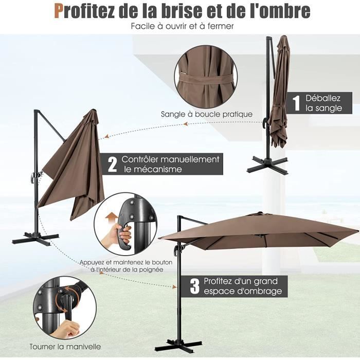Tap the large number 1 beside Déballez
pyautogui.click(x=296, y=102)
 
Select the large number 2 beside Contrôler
pyautogui.click(x=112, y=164)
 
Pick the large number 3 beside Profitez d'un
pyautogui.click(x=194, y=286)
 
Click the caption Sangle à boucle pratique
pyautogui.click(x=206, y=114)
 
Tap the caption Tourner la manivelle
pyautogui.click(x=65, y=346)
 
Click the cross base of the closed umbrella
pyautogui.click(x=267, y=164)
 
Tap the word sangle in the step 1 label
pyautogui.click(x=329, y=108)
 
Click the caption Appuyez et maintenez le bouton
pyautogui.click(x=126, y=262)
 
